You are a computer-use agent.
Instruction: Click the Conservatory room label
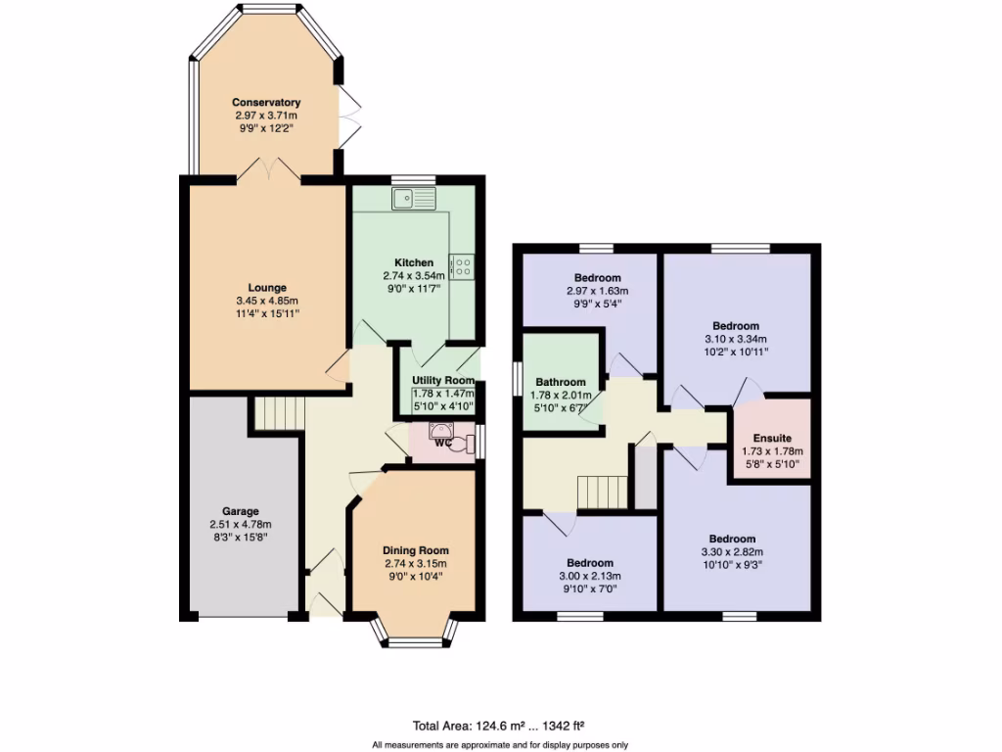265,102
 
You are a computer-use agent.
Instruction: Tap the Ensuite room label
771,439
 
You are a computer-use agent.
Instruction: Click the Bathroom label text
561,382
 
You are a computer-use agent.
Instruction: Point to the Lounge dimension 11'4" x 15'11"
267,313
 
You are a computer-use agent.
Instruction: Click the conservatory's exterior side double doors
346,117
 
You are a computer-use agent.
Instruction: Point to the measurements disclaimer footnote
500,745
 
